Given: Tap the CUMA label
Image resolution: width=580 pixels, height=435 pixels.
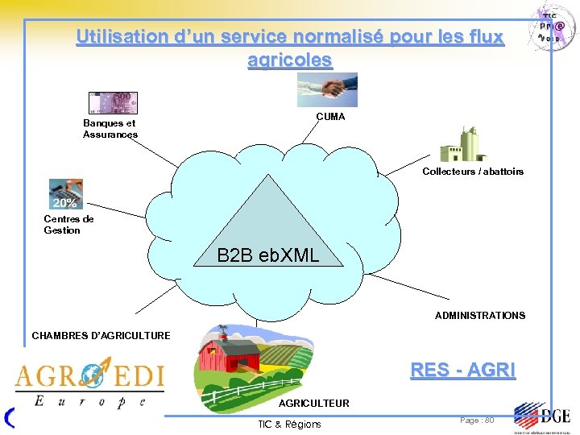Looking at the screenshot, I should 330,117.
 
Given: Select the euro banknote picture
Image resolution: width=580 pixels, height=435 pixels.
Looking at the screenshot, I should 113,102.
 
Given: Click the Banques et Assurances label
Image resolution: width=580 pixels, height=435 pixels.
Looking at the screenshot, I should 110,129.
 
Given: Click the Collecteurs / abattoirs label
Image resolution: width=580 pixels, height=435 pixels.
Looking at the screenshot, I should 473,172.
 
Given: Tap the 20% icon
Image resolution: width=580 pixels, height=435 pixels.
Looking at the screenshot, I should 65,194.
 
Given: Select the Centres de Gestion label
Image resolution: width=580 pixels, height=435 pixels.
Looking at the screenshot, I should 68,225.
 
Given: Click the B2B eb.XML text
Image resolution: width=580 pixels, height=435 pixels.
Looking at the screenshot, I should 268,256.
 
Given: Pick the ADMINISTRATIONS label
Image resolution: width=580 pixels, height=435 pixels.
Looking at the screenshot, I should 480,316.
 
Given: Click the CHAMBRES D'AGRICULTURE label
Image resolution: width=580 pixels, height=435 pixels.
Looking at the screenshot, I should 101,335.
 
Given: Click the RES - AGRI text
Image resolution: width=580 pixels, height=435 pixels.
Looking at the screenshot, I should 462,370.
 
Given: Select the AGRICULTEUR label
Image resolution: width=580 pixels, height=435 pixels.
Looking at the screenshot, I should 314,403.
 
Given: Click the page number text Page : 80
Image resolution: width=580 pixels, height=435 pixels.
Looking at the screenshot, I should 477,420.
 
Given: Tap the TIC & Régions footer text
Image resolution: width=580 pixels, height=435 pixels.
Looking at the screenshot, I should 289,424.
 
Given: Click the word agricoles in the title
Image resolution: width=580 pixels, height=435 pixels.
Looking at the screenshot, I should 290,60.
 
